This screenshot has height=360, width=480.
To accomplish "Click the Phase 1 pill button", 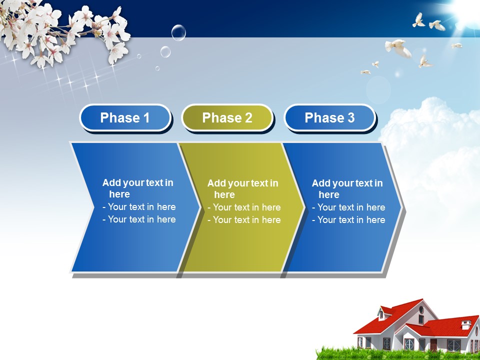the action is click(x=125, y=117).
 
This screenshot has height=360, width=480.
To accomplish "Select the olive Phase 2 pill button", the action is click(x=227, y=117).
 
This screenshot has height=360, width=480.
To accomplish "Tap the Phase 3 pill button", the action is click(x=329, y=117).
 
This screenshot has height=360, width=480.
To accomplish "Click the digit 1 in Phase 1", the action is click(x=146, y=118).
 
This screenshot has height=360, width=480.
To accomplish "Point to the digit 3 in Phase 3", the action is click(x=351, y=118).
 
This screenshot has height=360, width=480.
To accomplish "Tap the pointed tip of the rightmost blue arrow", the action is click(x=401, y=207).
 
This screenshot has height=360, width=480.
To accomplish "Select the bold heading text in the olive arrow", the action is click(x=243, y=189).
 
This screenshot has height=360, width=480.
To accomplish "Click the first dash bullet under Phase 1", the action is click(x=139, y=207).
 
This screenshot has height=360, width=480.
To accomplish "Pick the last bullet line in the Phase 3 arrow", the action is click(x=348, y=220).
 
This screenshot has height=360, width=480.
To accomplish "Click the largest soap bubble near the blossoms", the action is click(x=178, y=32).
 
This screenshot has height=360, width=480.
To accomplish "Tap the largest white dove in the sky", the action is click(x=398, y=48).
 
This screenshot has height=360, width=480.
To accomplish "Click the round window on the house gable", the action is click(x=421, y=310).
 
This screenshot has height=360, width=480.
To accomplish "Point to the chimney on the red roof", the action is click(x=466, y=324).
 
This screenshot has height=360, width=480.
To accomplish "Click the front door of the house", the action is click(x=433, y=345).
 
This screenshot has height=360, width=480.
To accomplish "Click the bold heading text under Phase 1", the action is click(x=138, y=188).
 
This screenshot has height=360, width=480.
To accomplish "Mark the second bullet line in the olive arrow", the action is click(x=244, y=220).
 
